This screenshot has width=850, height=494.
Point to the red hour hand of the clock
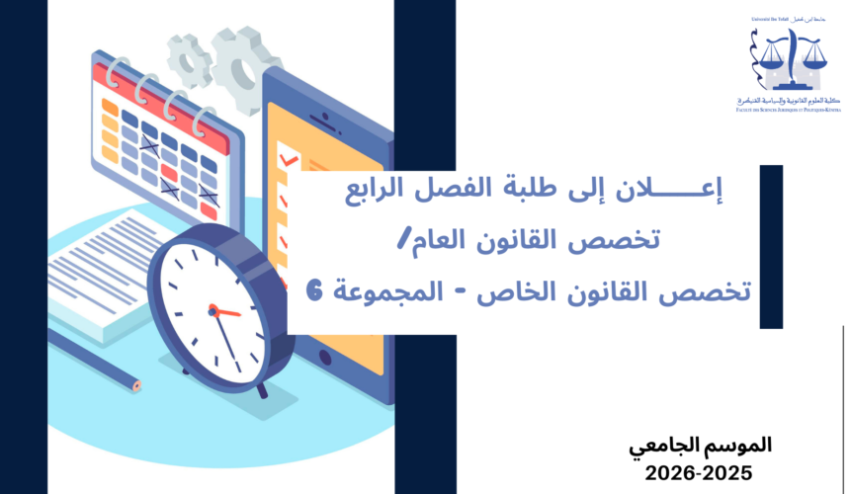click(x=225, y=311)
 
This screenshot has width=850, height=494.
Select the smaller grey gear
click(x=187, y=56)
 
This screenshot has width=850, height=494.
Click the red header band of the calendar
click(x=149, y=83)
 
